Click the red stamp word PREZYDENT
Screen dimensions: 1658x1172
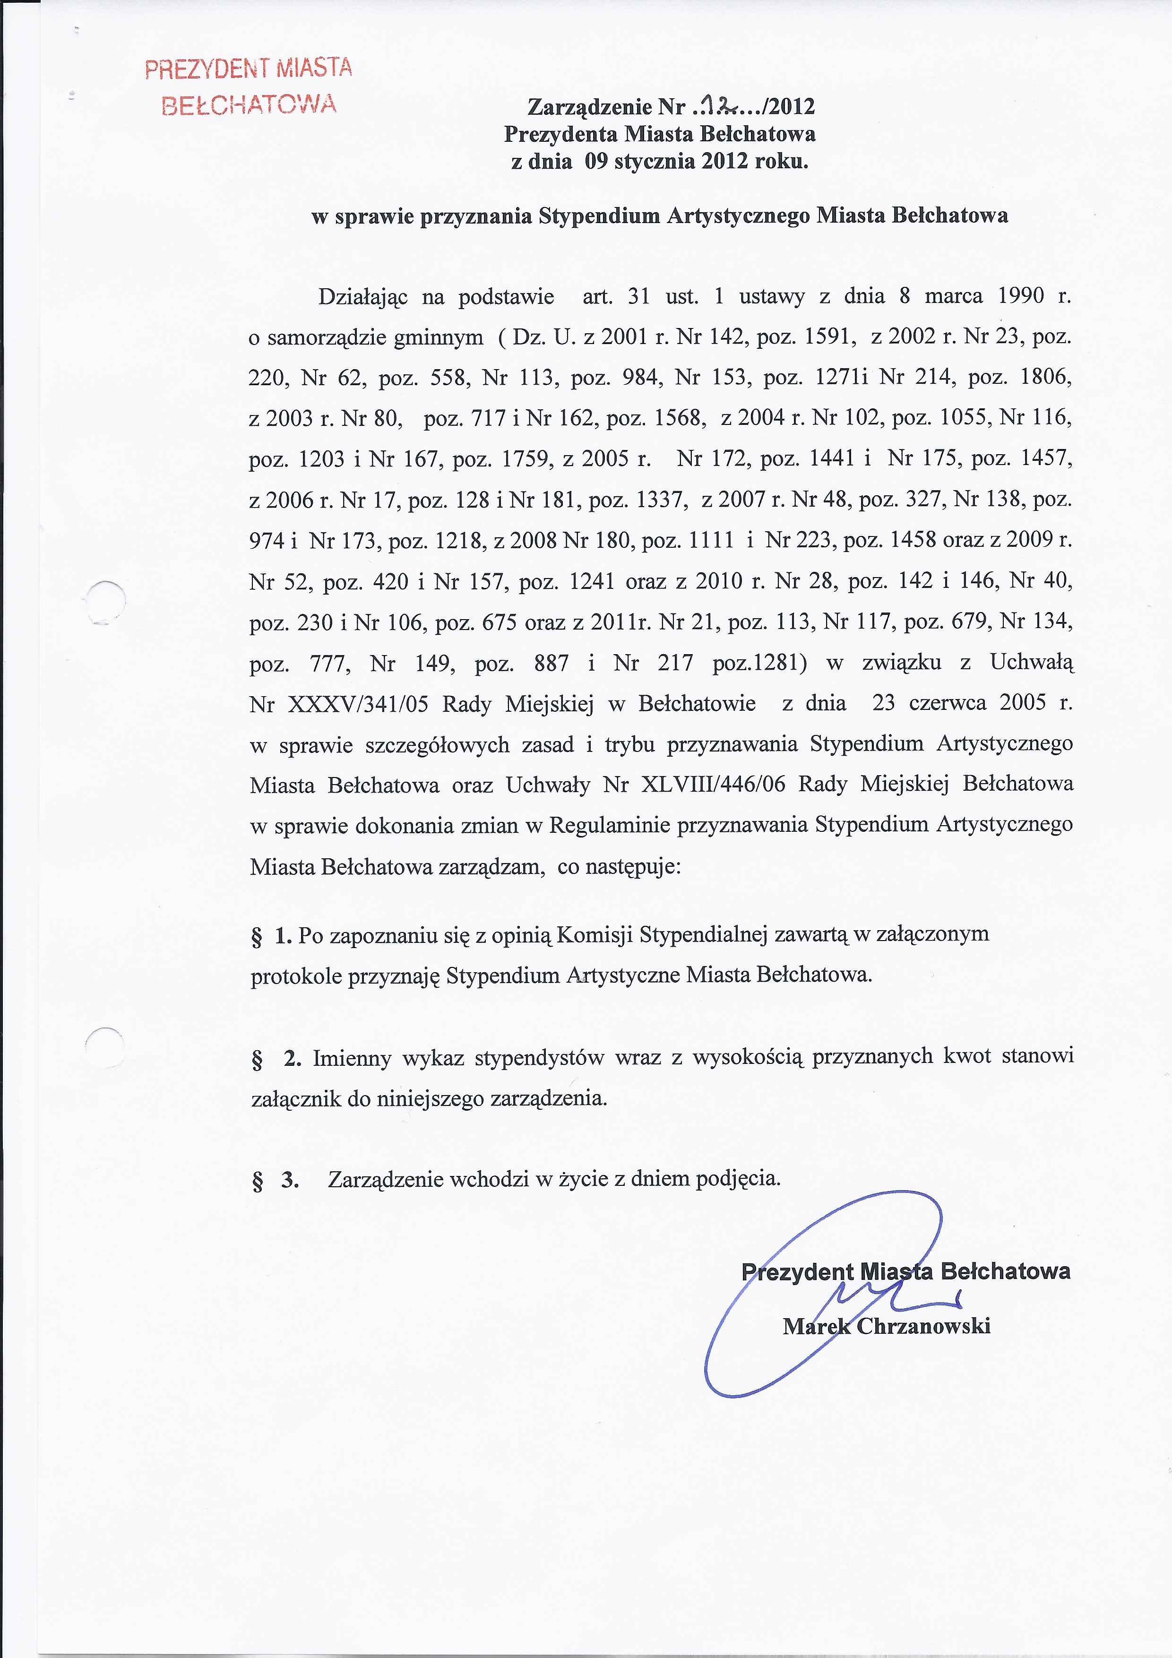[207, 69]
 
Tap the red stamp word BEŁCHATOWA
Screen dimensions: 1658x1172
[249, 105]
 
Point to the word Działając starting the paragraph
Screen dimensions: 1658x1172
[363, 297]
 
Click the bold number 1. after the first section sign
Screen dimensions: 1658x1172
[283, 937]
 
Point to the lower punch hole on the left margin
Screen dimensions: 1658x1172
[105, 1046]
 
